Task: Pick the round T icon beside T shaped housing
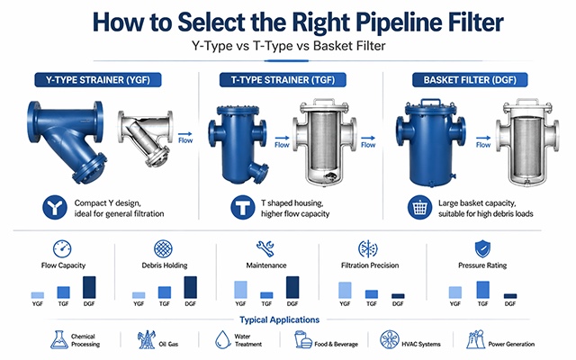(242, 207)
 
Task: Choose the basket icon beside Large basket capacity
(418, 207)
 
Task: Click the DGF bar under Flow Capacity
(89, 287)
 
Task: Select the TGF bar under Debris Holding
(165, 292)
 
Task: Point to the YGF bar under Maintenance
(240, 289)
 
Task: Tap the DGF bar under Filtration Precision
(398, 295)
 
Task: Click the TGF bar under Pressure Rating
(483, 289)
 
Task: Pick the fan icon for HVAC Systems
(390, 340)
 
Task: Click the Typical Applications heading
(287, 320)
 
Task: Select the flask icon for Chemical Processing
(57, 340)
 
